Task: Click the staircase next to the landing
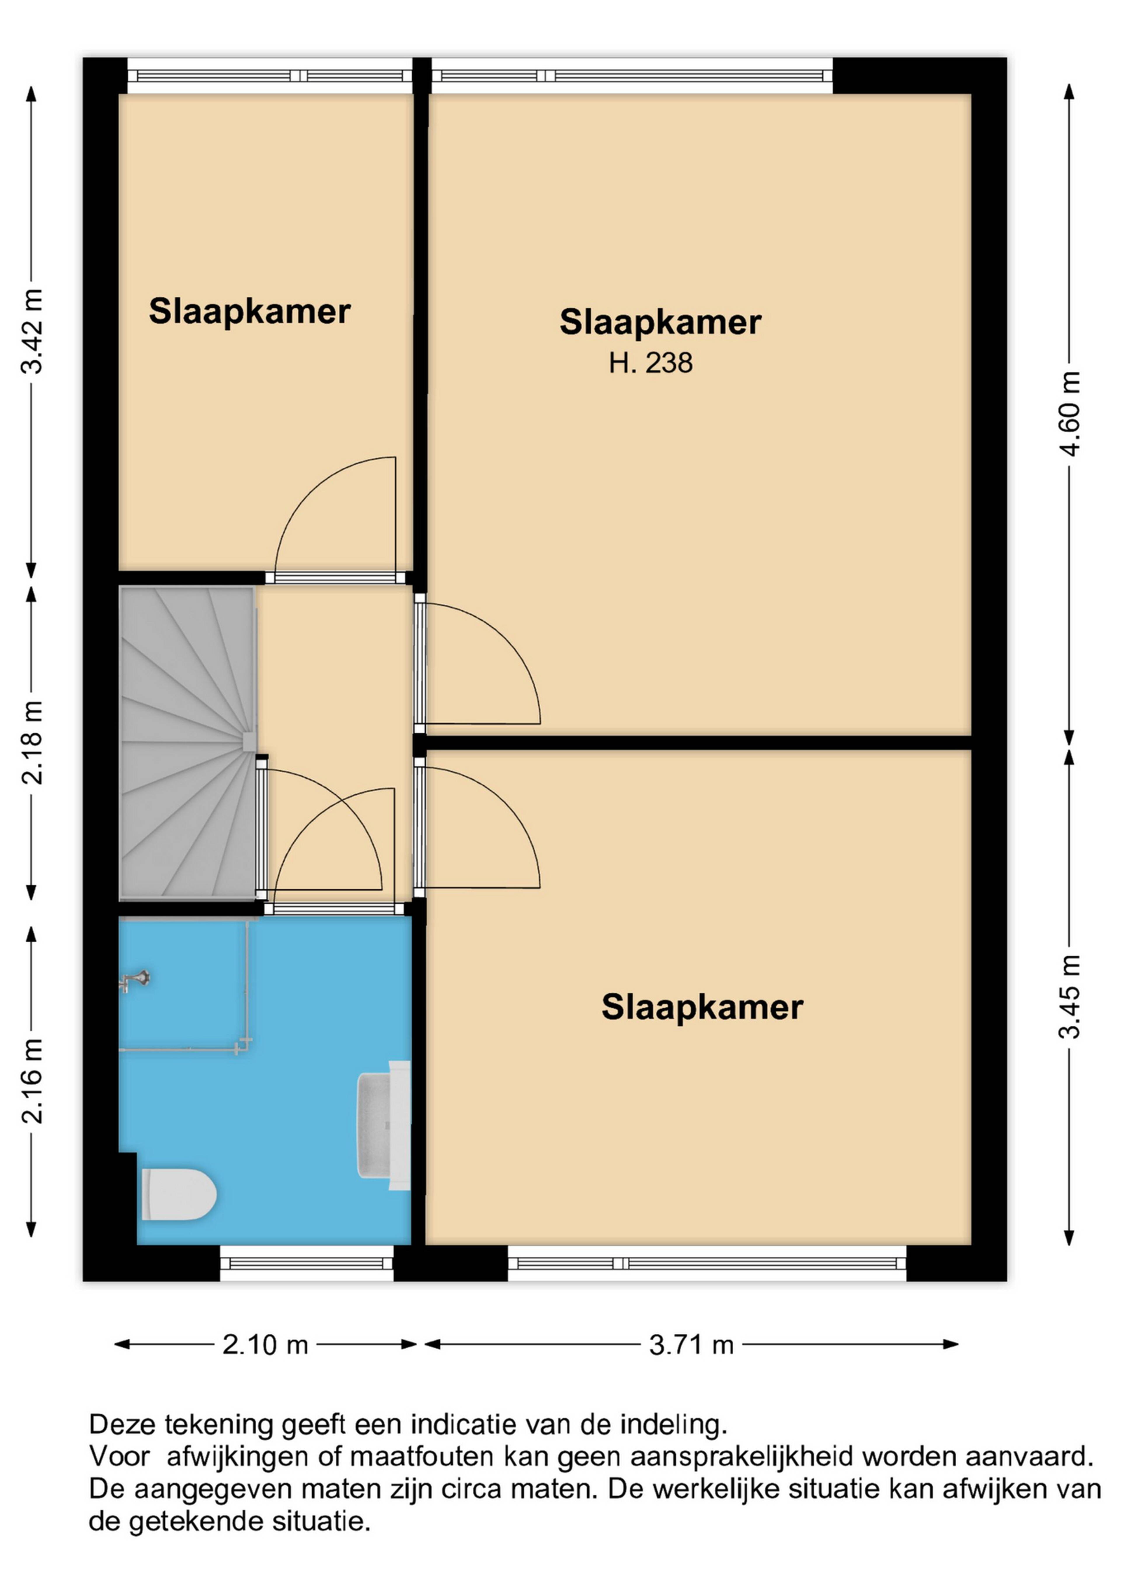(188, 743)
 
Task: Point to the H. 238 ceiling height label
(650, 363)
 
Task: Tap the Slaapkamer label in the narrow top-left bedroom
(250, 311)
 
